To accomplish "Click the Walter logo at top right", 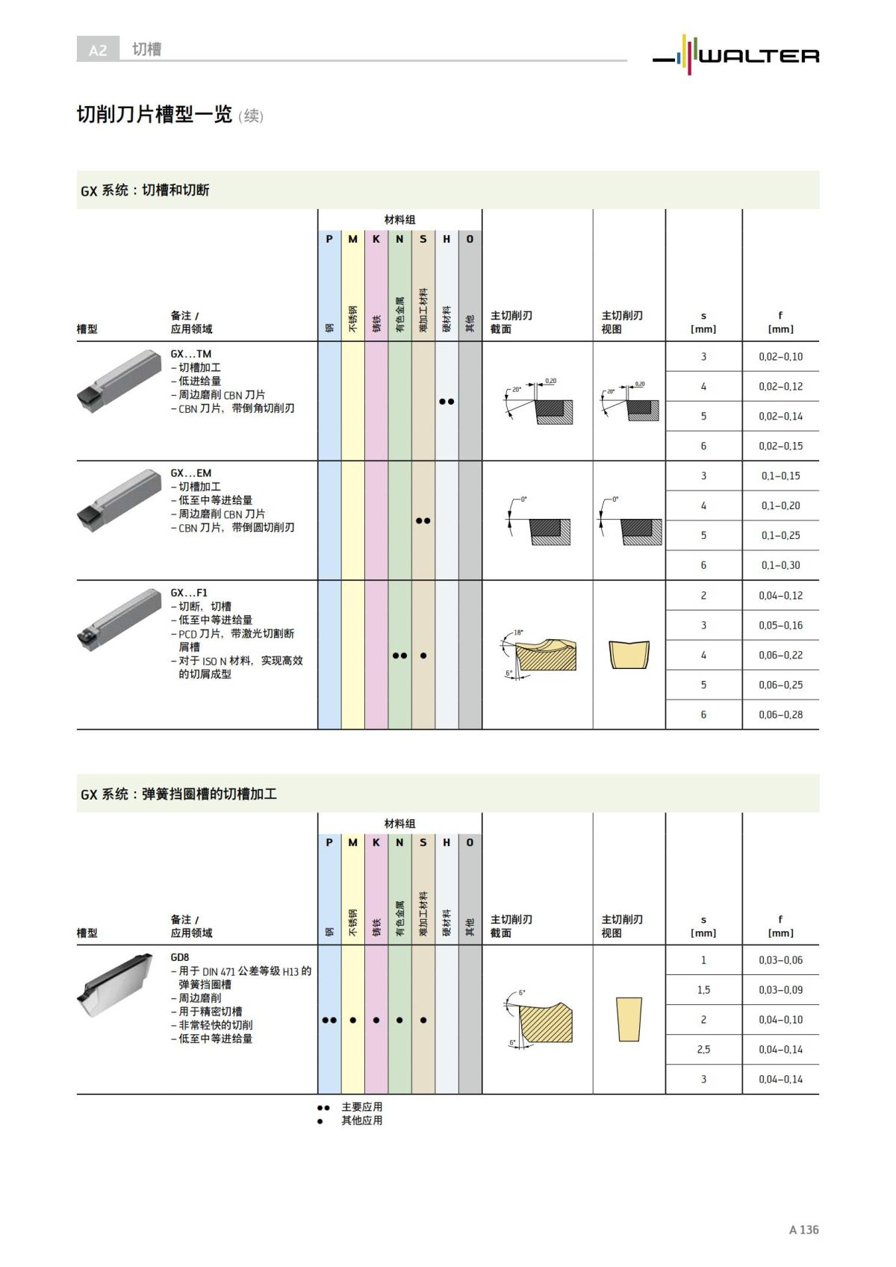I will [735, 55].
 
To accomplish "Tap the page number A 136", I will [803, 1230].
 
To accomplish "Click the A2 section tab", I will [98, 50].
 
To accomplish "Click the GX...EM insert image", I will [119, 501].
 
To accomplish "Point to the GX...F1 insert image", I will [119, 620].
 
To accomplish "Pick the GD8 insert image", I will [116, 986].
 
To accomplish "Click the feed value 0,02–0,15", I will [780, 446].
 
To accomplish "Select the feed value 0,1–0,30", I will [780, 565].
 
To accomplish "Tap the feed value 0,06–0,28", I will [780, 715].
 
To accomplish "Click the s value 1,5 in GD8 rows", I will [703, 990].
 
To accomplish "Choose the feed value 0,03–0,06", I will [780, 960].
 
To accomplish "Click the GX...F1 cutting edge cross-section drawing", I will [538, 654].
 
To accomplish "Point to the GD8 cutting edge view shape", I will [629, 1019].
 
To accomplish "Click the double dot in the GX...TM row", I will [447, 402].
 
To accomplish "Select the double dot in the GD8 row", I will [329, 1020].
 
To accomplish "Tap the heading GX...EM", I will [190, 473].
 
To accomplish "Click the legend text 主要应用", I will [361, 1106].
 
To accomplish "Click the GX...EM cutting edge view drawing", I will [630, 521].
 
